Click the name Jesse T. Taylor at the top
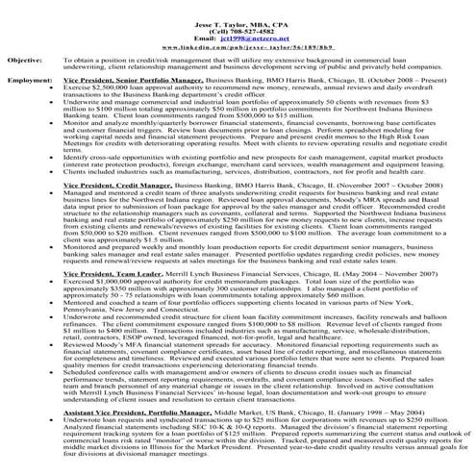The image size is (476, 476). coord(237,6)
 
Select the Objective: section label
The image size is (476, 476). coord(23,59)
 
